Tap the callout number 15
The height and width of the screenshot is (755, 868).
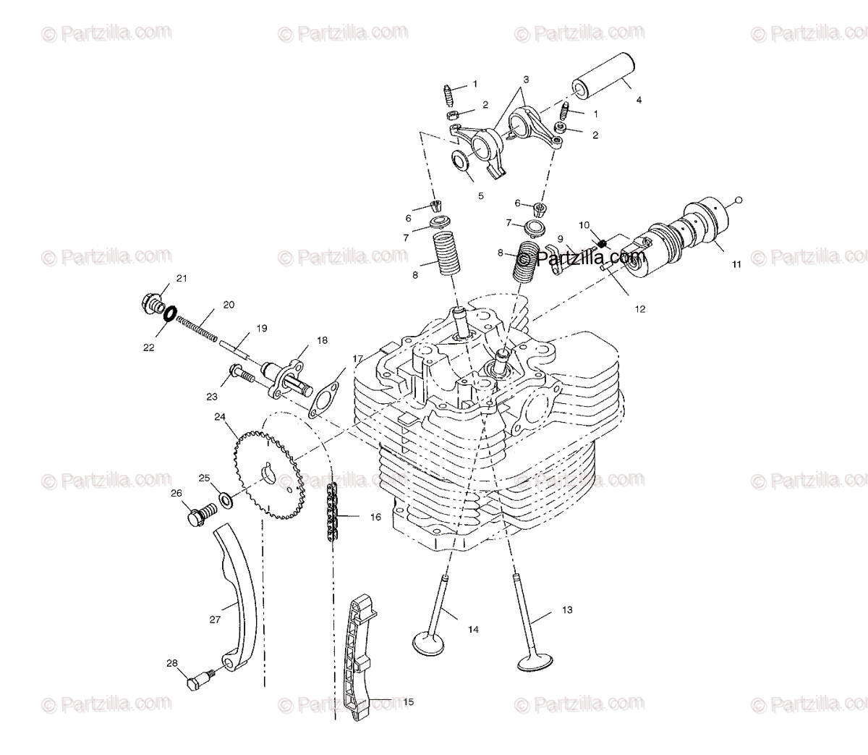tap(408, 702)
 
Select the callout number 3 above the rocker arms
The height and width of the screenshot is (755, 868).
tap(526, 80)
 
